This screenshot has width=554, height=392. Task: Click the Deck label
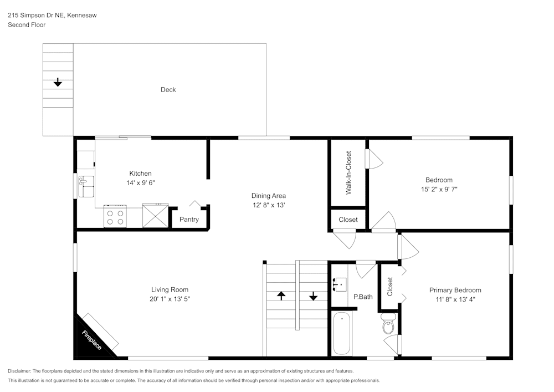click(168, 90)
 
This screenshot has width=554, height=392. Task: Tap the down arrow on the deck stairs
click(58, 83)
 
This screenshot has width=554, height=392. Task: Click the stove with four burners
click(115, 217)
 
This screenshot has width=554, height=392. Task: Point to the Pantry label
click(189, 220)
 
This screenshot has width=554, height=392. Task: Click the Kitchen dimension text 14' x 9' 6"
click(140, 182)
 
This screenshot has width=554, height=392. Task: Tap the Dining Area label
click(269, 196)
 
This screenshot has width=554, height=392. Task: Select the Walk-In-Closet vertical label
click(348, 172)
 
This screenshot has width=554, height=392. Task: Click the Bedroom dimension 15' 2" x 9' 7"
click(439, 189)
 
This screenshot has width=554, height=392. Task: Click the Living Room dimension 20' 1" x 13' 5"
click(170, 299)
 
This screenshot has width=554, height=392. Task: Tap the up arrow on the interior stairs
click(281, 296)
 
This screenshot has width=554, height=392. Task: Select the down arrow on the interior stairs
click(313, 296)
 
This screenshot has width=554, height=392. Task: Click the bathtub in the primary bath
click(341, 333)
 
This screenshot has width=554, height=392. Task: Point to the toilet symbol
click(388, 325)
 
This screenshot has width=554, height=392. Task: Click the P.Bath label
click(363, 297)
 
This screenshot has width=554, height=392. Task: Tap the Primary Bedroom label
click(455, 290)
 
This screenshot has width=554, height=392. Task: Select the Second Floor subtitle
click(27, 25)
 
